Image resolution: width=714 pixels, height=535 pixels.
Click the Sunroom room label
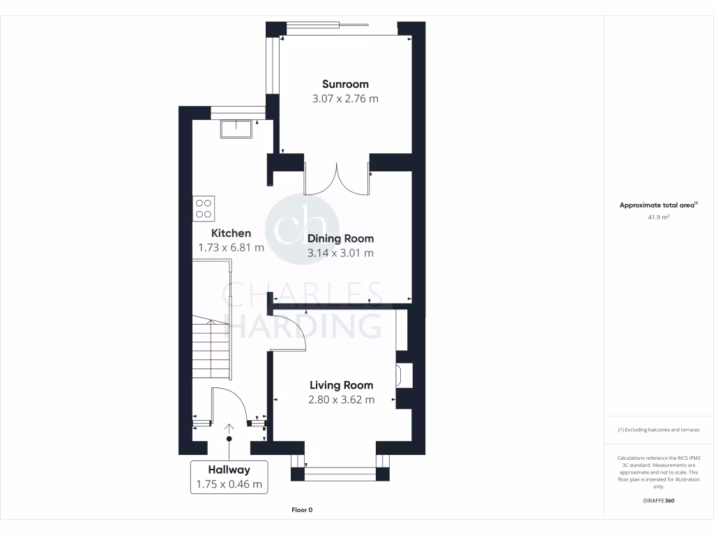pyautogui.click(x=345, y=84)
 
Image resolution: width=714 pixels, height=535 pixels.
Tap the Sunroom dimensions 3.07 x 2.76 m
pyautogui.click(x=345, y=99)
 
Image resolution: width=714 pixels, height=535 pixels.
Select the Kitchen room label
pyautogui.click(x=231, y=233)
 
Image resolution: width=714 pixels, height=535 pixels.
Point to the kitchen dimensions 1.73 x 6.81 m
pyautogui.click(x=231, y=247)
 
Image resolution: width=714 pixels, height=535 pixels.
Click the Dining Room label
pyautogui.click(x=340, y=239)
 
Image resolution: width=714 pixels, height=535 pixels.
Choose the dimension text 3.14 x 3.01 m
pyautogui.click(x=340, y=254)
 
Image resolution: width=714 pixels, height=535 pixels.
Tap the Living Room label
pyautogui.click(x=341, y=385)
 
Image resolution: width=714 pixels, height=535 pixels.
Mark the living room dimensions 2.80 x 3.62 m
pyautogui.click(x=341, y=400)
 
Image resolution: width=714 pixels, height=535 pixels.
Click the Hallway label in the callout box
pyautogui.click(x=229, y=470)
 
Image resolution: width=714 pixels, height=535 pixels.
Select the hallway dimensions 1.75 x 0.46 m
pyautogui.click(x=229, y=485)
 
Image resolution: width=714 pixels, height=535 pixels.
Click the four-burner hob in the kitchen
pyautogui.click(x=204, y=208)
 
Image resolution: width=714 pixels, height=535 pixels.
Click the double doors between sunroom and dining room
pyautogui.click(x=337, y=180)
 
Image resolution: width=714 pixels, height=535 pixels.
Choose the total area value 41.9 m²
pyautogui.click(x=658, y=217)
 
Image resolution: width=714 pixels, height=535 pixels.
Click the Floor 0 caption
pyautogui.click(x=301, y=510)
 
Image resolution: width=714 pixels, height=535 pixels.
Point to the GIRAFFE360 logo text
pyautogui.click(x=658, y=501)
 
